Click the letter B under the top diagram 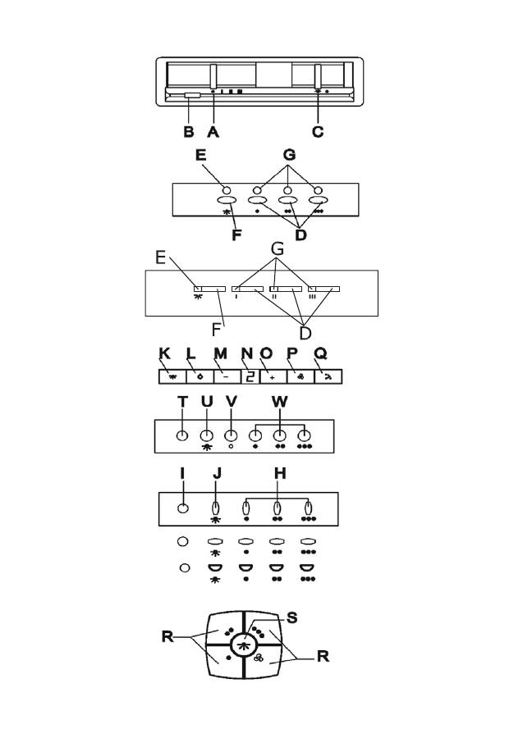(x=188, y=130)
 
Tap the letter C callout (x=319, y=130)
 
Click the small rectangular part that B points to (x=192, y=96)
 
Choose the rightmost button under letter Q (x=327, y=377)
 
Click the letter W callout (x=280, y=402)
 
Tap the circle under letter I (x=182, y=508)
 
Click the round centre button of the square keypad (x=242, y=645)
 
